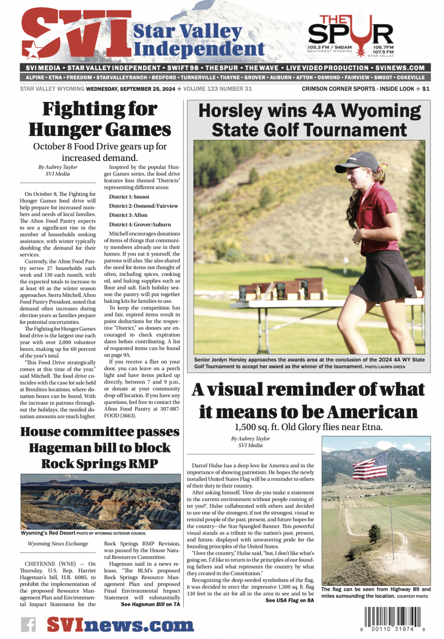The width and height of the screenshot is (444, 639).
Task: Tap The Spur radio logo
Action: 351,36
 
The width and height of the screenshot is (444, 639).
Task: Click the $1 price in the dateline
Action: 426,89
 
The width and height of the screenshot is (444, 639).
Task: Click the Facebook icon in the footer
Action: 28,625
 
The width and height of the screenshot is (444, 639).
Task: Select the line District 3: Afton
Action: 128,215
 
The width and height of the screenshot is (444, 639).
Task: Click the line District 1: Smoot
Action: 129,197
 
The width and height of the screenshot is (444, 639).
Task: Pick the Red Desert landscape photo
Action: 99,503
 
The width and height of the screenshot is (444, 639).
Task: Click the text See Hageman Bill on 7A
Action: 150,604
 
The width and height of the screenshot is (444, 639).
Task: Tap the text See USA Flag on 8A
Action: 290,600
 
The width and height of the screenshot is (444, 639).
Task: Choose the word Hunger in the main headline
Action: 59,130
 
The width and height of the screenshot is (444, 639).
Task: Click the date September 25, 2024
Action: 131,89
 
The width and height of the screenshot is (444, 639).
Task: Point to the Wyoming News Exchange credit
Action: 58,544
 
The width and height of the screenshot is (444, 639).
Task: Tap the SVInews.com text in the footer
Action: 120,625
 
